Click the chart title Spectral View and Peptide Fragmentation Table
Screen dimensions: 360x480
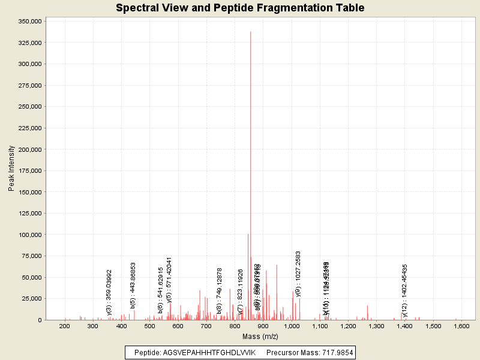coord(240,8)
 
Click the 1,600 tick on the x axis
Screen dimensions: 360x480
coord(461,326)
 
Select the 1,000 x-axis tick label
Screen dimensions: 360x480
coord(292,326)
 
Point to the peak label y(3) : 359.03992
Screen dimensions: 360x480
coord(109,292)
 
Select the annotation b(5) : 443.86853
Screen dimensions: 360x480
coord(133,285)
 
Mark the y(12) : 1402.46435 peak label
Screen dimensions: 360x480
coord(405,290)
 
